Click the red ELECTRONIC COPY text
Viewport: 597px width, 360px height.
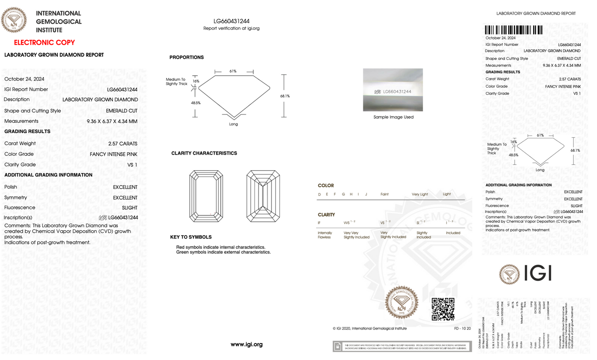click(44, 43)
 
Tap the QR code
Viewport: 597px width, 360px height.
click(443, 309)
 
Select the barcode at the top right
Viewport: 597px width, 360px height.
click(514, 30)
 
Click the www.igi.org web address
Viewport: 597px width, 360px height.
click(247, 344)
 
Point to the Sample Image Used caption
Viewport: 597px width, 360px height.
click(393, 117)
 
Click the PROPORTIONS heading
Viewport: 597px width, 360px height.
click(186, 57)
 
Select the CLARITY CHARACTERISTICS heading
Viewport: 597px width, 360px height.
click(204, 153)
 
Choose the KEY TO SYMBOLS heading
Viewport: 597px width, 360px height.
click(191, 237)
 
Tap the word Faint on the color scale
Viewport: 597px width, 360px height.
click(384, 194)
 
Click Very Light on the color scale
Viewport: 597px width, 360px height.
click(420, 194)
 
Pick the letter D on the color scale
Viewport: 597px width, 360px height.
click(319, 194)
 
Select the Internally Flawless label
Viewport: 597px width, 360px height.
click(325, 235)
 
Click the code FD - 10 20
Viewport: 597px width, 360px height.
click(462, 329)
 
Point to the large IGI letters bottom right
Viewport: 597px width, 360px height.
click(538, 273)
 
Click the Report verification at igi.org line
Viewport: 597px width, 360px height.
click(231, 29)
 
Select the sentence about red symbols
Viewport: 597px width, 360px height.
click(221, 247)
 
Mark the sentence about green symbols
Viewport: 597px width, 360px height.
click(224, 252)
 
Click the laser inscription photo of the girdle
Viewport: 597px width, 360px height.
click(393, 90)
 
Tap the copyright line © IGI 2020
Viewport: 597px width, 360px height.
click(370, 329)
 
